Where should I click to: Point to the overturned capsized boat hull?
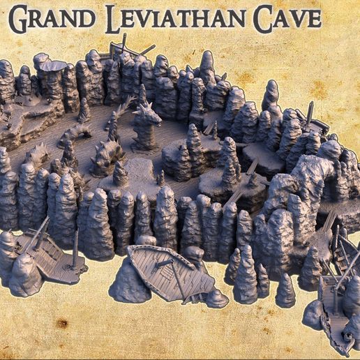click(x=171, y=272)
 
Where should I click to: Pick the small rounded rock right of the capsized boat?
click(x=216, y=299)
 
